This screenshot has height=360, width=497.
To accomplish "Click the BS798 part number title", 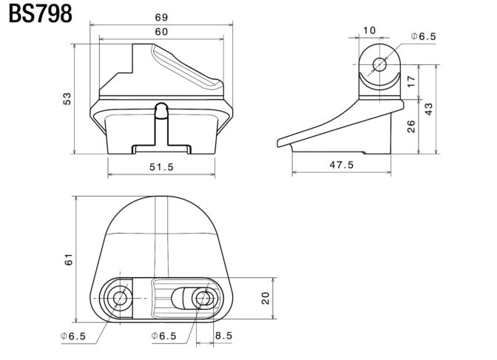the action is tap(40, 14).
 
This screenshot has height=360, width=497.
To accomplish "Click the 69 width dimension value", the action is tap(161, 17).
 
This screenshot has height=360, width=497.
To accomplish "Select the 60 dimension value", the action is tap(161, 32).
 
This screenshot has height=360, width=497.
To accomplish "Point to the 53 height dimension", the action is tap(67, 98).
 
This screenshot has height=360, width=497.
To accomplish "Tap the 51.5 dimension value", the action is tap(161, 166).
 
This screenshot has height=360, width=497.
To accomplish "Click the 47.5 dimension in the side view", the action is tap(342, 165).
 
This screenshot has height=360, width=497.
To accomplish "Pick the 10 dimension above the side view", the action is tap(369, 30).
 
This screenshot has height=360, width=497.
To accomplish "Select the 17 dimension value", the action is tap(410, 82).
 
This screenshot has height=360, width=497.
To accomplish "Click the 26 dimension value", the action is tap(410, 126).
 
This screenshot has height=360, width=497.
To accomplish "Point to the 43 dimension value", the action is tap(428, 109).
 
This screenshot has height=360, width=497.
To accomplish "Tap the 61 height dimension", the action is tap(69, 259).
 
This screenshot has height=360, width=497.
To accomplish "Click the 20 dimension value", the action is tap(266, 298).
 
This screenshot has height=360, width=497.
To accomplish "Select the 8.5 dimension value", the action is tap(224, 336).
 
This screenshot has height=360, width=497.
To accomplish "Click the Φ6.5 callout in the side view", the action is tap(424, 36).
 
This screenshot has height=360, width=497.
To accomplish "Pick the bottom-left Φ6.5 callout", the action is tap(73, 336).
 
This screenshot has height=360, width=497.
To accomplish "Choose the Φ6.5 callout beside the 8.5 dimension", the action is tap(164, 336).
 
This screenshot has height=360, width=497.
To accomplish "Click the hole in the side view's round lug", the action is tap(379, 64).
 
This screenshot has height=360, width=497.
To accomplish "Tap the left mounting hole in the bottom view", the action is tap(120, 298).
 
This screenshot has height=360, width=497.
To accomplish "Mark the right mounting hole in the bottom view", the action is tap(204, 298).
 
